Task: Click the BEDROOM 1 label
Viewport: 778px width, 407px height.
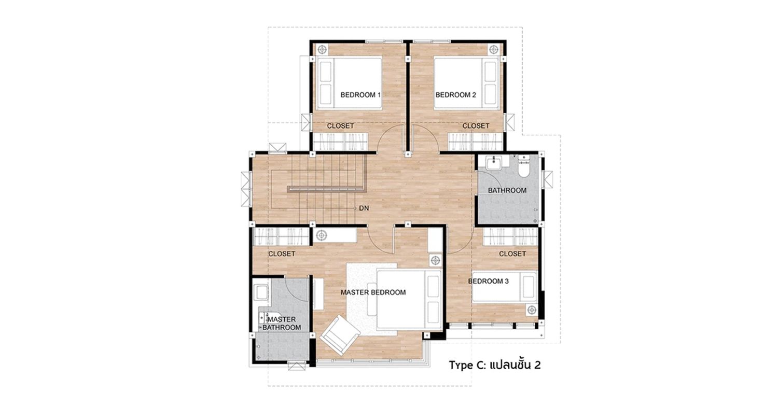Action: [x=360, y=95]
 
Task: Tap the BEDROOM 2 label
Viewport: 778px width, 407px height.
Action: [x=456, y=95]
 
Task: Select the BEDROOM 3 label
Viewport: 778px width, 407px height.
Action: [x=489, y=281]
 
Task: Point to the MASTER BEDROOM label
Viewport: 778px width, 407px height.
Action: [x=373, y=292]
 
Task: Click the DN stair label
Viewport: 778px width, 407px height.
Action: [x=364, y=208]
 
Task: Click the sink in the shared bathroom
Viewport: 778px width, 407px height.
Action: [x=493, y=162]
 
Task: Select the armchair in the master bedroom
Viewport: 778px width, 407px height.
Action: [x=340, y=334]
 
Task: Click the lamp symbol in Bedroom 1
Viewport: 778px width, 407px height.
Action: [x=323, y=50]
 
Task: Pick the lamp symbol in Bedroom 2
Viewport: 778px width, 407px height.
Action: [x=494, y=50]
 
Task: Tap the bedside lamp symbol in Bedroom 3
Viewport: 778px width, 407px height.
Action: [x=532, y=310]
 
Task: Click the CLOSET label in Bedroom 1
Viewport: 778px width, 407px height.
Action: [x=340, y=125]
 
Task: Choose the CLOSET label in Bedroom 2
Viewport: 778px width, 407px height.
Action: [x=476, y=125]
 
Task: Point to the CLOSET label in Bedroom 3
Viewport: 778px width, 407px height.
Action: [x=512, y=254]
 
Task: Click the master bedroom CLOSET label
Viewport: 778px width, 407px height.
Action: [x=282, y=254]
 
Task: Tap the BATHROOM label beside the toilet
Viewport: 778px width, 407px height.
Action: [x=507, y=190]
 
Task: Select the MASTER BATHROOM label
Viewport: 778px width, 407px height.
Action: [x=282, y=324]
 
